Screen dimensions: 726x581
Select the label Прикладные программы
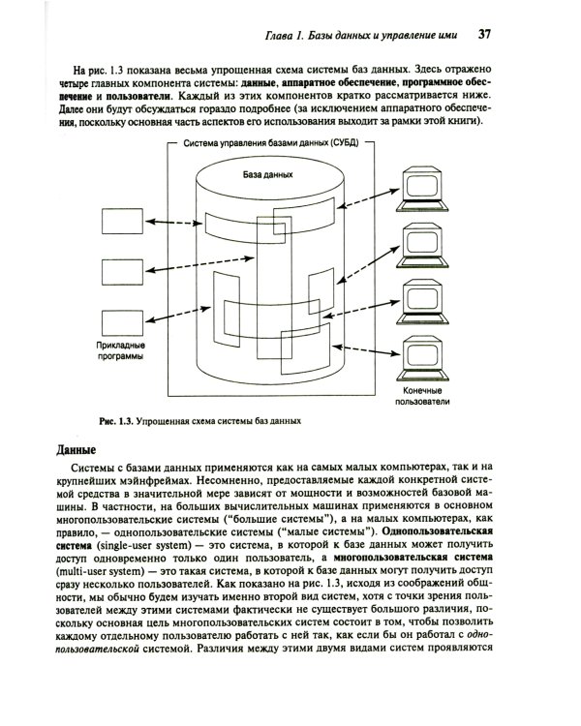click(x=121, y=349)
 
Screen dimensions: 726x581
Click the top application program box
click(x=120, y=222)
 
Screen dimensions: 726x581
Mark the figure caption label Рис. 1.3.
click(x=114, y=422)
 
